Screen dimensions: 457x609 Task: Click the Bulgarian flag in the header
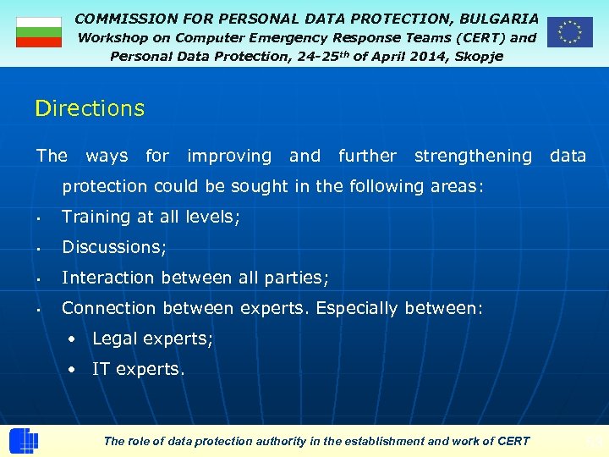(x=39, y=32)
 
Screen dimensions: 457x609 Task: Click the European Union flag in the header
(x=569, y=32)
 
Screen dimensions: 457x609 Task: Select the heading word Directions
(x=90, y=109)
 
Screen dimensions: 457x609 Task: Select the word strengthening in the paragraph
(x=473, y=156)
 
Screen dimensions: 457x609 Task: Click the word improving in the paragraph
(x=229, y=156)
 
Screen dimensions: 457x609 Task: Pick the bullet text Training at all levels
(x=151, y=217)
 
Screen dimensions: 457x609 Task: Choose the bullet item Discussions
(x=114, y=247)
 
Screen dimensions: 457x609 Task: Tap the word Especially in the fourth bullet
(x=357, y=308)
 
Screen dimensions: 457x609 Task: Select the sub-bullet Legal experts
(x=152, y=339)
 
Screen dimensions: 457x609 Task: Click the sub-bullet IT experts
(x=138, y=369)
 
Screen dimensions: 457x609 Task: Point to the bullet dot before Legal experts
(x=74, y=339)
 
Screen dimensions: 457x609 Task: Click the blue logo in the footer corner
(x=23, y=441)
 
